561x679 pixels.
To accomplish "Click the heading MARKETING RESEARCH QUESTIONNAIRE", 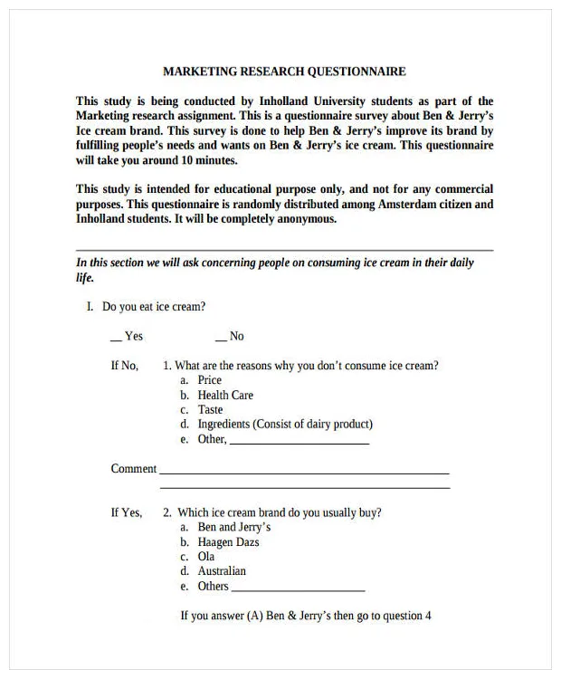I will coord(284,72).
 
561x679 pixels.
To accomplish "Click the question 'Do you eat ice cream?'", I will coord(153,307).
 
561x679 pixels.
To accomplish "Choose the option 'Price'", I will coord(209,380).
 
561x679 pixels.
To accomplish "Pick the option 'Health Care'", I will coord(225,395).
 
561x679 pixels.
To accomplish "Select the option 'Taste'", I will coord(210,409).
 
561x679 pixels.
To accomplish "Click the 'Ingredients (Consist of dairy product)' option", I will coord(285,424).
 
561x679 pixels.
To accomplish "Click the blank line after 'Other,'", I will coord(300,442).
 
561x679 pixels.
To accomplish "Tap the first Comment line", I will coord(304,472).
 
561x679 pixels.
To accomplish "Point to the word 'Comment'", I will coord(134,469).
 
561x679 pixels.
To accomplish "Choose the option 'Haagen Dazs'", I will coord(228,542).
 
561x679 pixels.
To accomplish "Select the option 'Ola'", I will coord(206,557).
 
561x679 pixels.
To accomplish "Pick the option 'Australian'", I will coord(222,571).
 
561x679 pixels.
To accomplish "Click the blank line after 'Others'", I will coord(299,588).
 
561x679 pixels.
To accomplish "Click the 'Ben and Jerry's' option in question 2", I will coord(233,527).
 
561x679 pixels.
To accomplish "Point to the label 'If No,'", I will coord(125,366).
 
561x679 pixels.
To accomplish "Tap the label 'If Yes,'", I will coord(127,512).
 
